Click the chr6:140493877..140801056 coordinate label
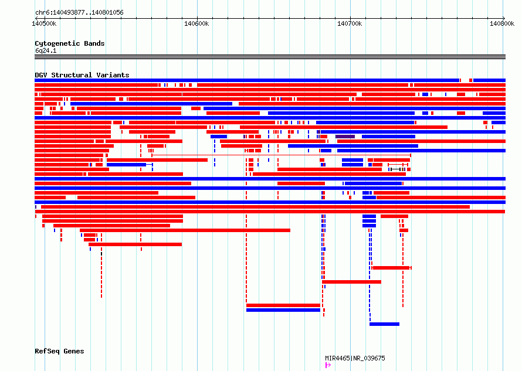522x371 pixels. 79,13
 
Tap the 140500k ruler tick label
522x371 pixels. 44,23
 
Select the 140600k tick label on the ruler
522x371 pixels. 196,23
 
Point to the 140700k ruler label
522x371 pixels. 350,23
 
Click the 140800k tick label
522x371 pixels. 502,23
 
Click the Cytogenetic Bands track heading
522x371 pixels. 70,43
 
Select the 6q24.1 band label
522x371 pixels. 46,50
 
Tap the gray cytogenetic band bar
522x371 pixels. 270,57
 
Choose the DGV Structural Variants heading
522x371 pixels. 82,75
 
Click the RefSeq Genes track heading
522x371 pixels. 59,351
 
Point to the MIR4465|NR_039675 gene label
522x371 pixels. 355,358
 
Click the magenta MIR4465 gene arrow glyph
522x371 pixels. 328,365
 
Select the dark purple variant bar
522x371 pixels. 345,137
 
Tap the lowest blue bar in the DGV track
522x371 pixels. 385,324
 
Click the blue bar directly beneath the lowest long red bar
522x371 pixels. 283,310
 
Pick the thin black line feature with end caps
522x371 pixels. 395,169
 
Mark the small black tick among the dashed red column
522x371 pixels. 101,254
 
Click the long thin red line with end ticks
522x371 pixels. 282,155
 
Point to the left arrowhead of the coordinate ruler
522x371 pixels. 36,18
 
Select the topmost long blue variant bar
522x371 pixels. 247,80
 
